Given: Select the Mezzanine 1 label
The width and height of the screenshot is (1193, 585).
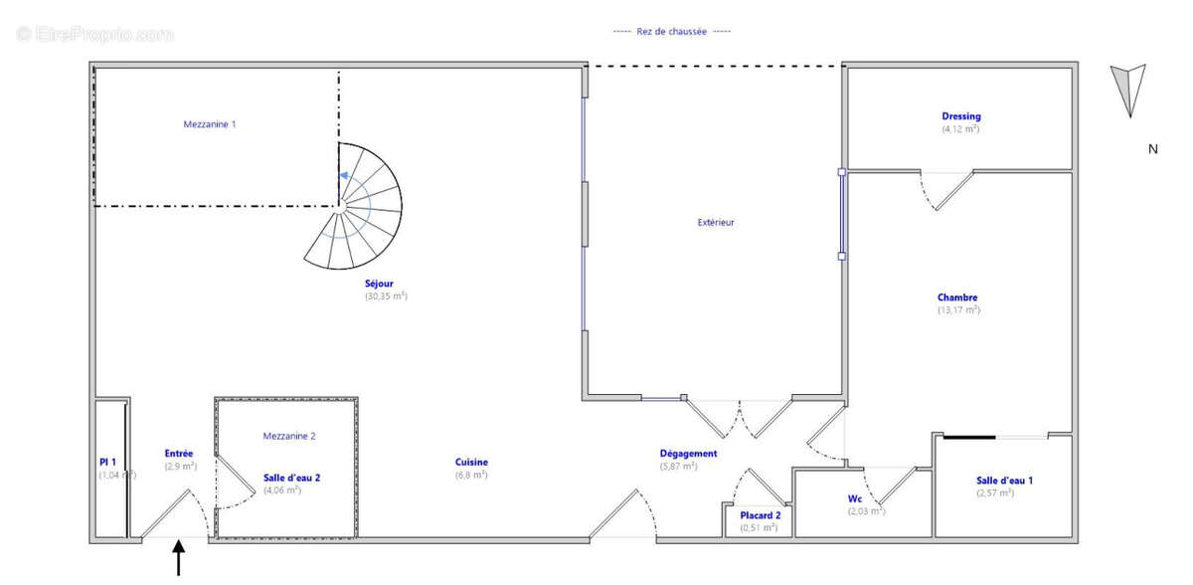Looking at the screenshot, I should tap(210, 124).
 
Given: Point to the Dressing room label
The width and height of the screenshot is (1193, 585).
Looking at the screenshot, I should tap(960, 116).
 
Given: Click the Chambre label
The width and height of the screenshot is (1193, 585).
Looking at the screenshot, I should tap(957, 297).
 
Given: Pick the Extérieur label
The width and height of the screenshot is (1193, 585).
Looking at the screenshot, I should tap(716, 223).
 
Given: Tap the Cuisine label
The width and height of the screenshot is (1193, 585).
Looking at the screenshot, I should tap(471, 462).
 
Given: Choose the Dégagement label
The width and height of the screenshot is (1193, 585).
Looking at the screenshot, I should tap(688, 454).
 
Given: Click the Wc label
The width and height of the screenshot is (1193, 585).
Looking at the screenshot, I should tap(854, 498).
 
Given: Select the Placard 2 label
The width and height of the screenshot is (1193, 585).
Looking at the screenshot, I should tap(761, 515).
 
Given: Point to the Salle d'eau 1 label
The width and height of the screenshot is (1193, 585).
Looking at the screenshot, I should tap(1004, 481).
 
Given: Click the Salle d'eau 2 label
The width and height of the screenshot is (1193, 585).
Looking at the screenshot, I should tap(291, 478).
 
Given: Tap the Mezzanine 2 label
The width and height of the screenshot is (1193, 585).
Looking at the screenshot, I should tap(289, 436).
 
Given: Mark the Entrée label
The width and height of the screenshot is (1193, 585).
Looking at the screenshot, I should tap(179, 454).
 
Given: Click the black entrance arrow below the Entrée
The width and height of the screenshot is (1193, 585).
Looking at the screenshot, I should tap(179, 557).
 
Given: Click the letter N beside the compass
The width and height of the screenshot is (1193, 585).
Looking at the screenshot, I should tap(1153, 150).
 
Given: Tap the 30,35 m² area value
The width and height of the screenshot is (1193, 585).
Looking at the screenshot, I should tap(386, 296).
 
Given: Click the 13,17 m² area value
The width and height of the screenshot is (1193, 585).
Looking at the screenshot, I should tap(958, 310).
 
